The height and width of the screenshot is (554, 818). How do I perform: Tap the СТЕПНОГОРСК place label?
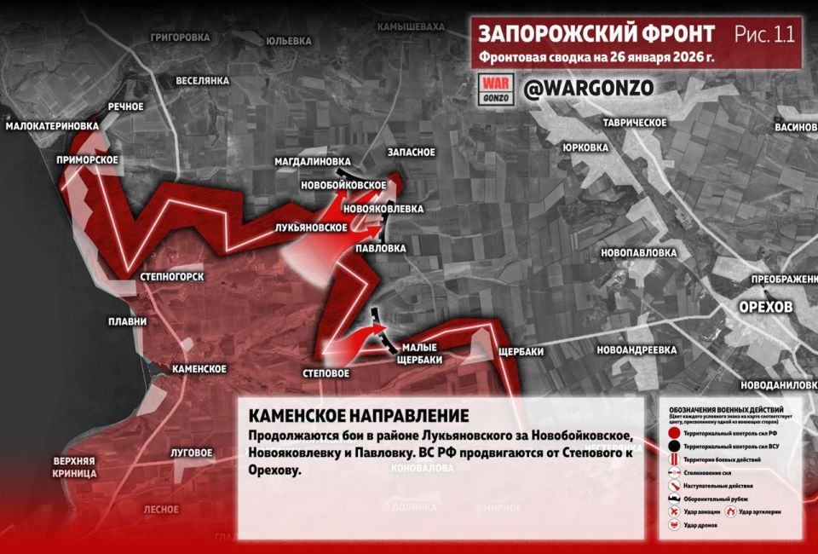[172, 277]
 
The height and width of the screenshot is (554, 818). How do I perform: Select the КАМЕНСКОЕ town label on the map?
[199, 369]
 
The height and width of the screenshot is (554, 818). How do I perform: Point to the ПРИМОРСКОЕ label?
[87, 159]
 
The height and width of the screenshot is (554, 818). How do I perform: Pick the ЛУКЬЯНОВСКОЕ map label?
[310, 228]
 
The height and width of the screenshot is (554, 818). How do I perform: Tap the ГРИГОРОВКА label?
[180, 38]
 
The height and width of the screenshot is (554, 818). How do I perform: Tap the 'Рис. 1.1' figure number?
[763, 34]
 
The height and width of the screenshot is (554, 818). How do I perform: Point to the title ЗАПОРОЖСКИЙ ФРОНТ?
[596, 34]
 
